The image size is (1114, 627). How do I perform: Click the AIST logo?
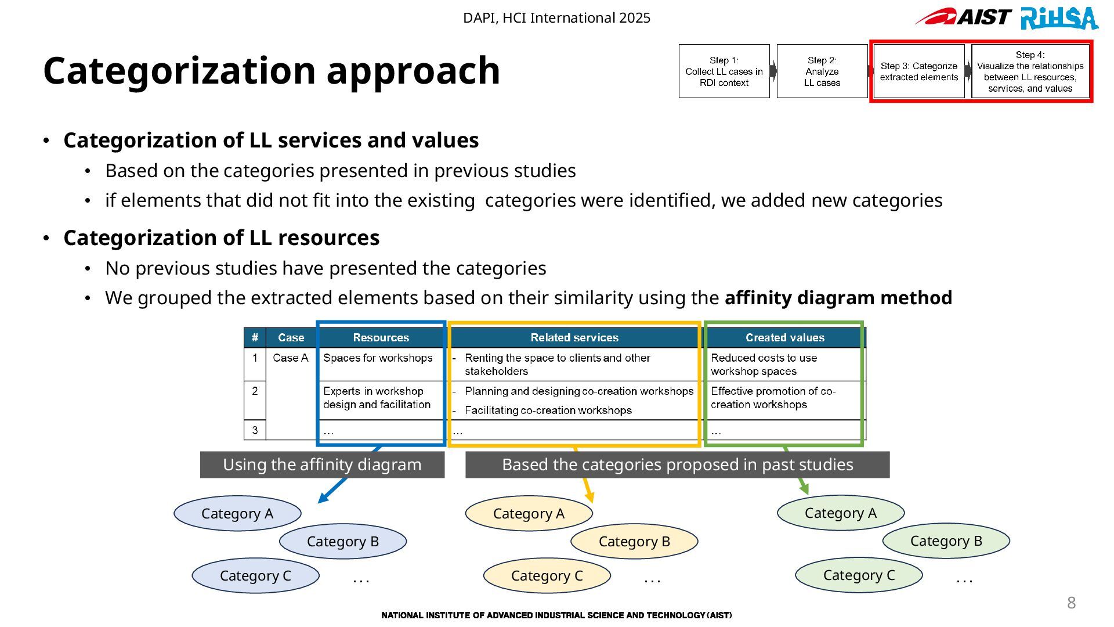964,17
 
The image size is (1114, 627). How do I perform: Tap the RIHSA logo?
1059,18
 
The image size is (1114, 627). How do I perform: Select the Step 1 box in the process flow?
724,71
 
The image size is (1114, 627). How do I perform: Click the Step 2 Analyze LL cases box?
822,71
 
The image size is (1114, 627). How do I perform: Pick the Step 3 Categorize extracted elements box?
919,71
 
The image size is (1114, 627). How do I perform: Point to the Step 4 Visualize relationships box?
1030,71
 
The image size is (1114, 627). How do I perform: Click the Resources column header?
381,338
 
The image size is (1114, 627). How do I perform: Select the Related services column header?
574,338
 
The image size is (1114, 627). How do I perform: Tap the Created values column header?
784,338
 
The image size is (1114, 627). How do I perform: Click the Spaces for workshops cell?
378,358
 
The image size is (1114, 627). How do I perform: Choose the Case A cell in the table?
291,358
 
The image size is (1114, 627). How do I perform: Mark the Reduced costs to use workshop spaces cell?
764,365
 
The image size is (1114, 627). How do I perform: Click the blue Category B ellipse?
343,542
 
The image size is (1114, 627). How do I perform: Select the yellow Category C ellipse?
547,576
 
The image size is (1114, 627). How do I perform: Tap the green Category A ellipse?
840,513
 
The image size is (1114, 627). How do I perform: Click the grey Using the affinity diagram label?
322,465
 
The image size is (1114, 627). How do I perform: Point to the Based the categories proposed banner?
677,465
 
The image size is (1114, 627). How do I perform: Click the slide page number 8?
1071,603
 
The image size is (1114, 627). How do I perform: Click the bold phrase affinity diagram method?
838,298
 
